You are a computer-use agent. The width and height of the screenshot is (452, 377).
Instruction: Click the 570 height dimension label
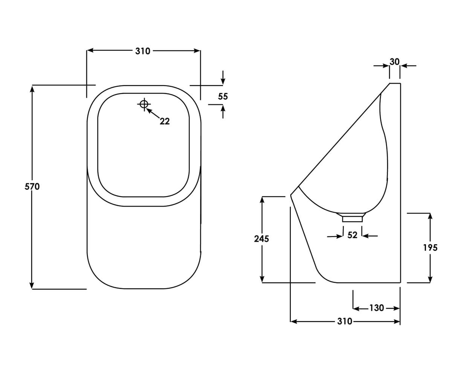[32, 186]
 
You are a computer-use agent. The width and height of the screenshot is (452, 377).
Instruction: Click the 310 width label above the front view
[143, 51]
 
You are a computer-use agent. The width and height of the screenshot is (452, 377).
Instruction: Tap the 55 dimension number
[223, 97]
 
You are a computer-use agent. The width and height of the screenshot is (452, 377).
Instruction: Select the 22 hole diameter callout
[165, 121]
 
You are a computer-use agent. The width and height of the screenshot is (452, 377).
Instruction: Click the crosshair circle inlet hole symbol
[144, 104]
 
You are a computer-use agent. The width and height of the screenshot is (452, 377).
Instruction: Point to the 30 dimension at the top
[394, 61]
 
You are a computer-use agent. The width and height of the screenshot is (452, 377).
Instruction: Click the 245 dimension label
[262, 239]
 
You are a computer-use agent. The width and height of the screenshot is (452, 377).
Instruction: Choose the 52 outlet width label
[352, 235]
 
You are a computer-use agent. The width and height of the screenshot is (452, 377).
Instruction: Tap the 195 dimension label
[430, 248]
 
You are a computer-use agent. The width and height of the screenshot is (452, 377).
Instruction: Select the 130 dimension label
[376, 308]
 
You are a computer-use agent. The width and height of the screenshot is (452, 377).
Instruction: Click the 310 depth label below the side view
[345, 322]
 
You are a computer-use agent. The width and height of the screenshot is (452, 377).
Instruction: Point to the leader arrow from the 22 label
[153, 113]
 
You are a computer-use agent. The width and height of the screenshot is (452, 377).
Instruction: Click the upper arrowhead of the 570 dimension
[32, 89]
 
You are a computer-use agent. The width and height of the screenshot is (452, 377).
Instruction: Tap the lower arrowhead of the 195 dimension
[430, 279]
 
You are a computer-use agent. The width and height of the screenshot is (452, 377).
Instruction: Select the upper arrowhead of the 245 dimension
[262, 199]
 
